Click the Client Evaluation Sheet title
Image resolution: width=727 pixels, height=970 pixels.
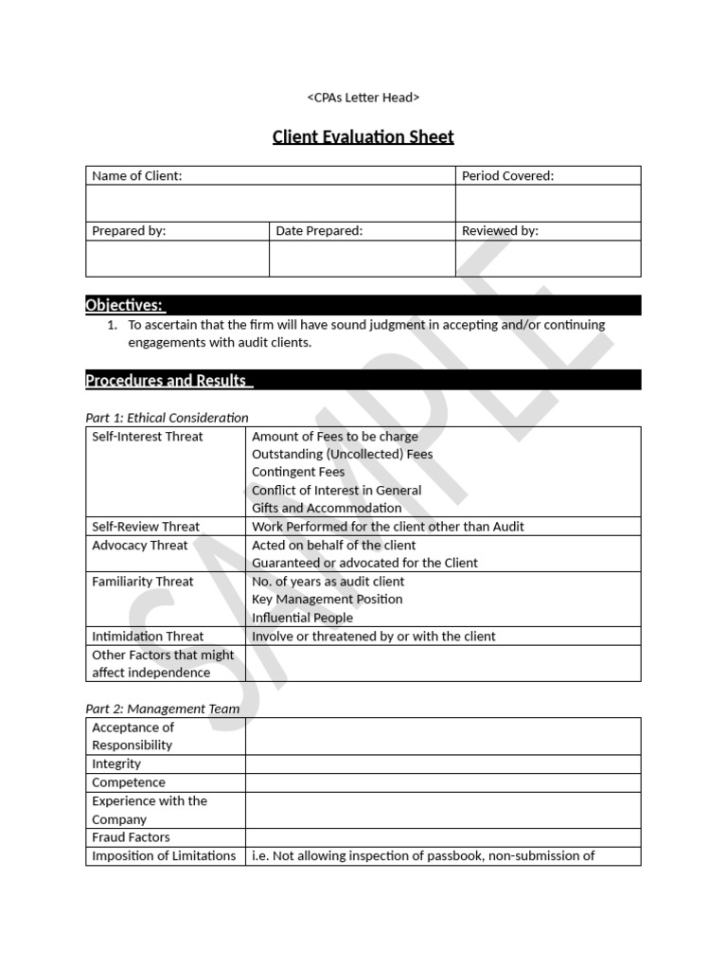[363, 136]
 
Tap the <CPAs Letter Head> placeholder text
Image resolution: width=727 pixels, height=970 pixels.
[363, 98]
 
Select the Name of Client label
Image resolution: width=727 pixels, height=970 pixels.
[137, 175]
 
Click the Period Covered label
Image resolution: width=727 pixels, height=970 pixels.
[507, 175]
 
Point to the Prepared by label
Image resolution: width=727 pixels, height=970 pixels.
[129, 231]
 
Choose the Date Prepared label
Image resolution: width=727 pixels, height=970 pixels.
[319, 231]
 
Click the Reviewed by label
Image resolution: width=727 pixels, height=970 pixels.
[500, 231]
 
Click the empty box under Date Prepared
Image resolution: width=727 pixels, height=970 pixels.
[362, 259]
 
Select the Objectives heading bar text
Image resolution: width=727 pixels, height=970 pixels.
[124, 305]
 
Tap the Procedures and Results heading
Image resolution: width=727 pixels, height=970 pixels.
[168, 381]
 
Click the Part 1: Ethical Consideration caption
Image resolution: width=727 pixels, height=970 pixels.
[167, 418]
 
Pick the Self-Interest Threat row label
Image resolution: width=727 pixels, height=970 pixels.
[147, 437]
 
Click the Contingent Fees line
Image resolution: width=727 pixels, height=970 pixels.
[298, 472]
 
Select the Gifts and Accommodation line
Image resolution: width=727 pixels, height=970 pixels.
[327, 508]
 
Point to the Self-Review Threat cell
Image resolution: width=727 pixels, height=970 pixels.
[146, 527]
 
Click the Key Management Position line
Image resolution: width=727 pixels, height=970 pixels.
[327, 600]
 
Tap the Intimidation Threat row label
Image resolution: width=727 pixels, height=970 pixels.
[148, 637]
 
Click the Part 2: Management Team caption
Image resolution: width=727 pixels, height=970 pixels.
[162, 709]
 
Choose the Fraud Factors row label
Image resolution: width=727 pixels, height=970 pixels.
[131, 837]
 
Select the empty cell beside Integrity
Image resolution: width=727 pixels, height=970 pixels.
[442, 764]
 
